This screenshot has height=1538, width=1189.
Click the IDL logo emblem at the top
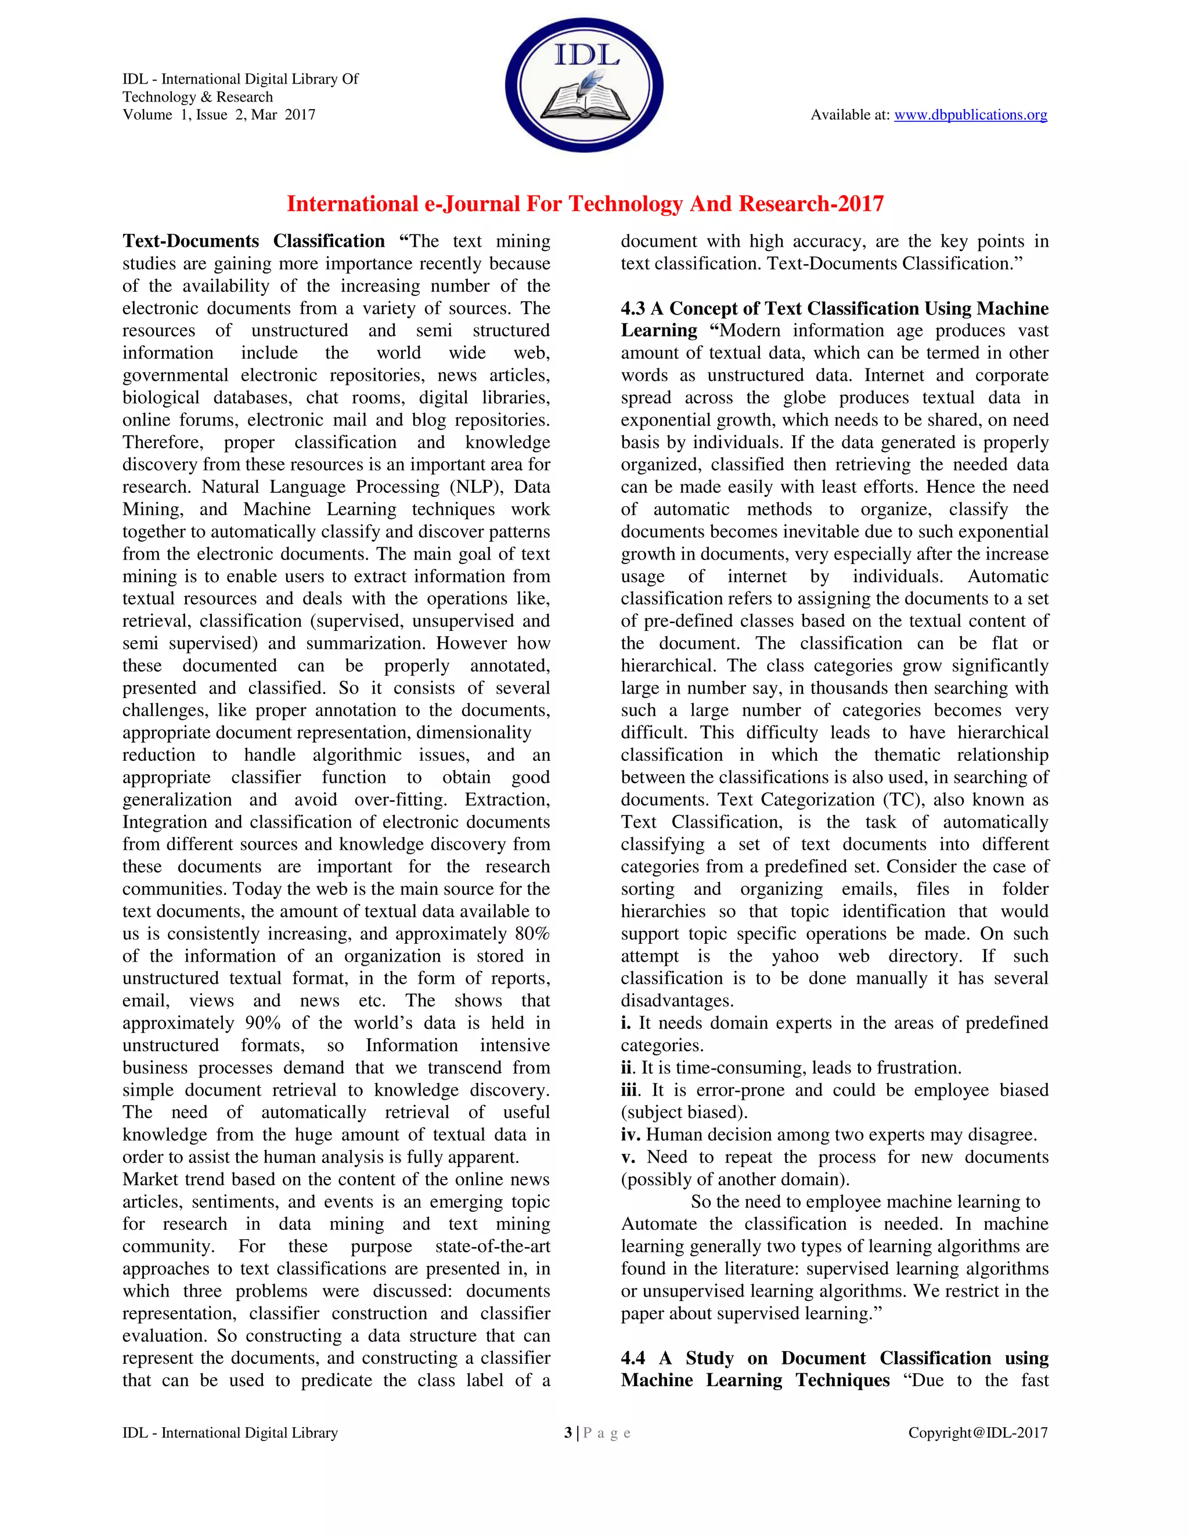584,85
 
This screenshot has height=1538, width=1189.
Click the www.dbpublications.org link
970,115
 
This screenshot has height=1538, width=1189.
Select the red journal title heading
585,204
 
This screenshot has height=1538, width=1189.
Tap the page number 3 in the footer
568,1432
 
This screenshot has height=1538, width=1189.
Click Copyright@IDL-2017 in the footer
977,1432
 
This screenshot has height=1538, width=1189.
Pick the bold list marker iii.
630,1090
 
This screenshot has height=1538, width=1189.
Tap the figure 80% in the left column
532,934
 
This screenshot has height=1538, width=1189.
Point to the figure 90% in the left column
263,1023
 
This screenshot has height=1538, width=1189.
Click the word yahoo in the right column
795,956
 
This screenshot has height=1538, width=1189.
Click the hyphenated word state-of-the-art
492,1247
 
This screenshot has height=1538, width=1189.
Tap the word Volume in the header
147,115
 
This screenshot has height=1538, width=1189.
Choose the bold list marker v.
627,1157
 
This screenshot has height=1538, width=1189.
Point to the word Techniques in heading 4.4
842,1380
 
